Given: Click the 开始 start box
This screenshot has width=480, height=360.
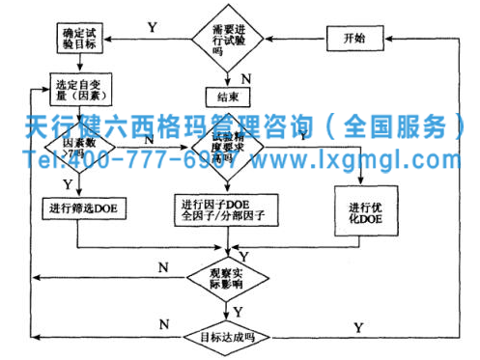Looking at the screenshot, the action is click(353, 39).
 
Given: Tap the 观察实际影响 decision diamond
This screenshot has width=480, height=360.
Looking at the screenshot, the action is click(229, 279).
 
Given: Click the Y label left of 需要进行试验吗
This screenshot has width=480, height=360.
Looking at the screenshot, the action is click(153, 27).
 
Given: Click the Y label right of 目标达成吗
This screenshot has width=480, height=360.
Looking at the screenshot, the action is click(358, 328).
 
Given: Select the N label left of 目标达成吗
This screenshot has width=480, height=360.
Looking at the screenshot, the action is click(163, 323).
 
